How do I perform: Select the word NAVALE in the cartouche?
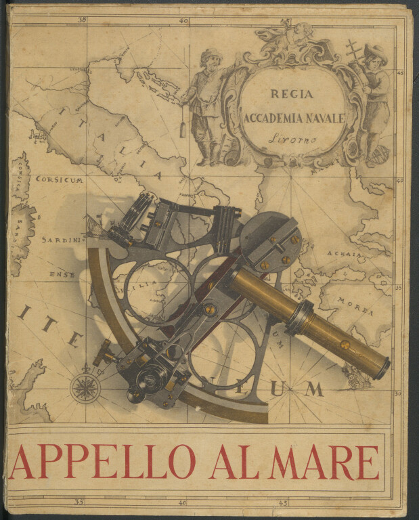(x=324, y=117)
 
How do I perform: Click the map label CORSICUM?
(x=60, y=181)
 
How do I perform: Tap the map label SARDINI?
(x=61, y=240)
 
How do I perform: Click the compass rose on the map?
(x=85, y=387)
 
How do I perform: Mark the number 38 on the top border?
(x=82, y=20)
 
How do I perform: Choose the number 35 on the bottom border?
(x=79, y=502)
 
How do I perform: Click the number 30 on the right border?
(x=399, y=393)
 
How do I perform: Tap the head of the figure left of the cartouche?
(x=210, y=58)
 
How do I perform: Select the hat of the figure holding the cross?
(x=374, y=51)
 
